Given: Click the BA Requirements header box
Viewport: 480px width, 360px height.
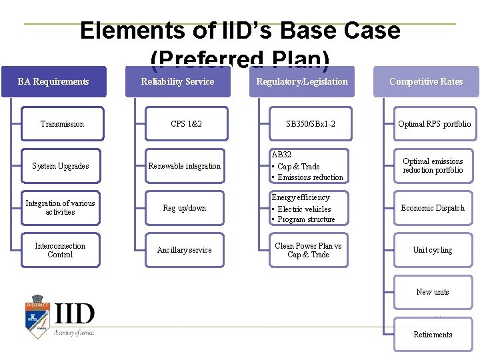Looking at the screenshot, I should point(53,82).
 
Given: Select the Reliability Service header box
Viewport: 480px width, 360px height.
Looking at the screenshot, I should point(177,82).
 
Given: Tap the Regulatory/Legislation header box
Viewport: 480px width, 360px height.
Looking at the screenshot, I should point(302,82).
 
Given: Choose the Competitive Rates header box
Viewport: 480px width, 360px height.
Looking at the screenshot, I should point(426,82).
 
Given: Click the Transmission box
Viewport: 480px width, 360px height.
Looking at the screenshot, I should point(62,124).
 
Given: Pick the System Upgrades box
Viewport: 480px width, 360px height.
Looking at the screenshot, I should point(61,166).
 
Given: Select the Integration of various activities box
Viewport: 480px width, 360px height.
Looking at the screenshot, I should point(60,207).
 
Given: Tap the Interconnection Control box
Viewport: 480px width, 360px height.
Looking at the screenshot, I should point(60,250).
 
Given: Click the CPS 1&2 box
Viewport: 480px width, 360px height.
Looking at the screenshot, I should point(186,124).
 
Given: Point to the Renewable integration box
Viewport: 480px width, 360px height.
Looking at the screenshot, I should point(185,166).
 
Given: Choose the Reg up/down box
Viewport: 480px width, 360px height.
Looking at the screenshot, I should point(185,208).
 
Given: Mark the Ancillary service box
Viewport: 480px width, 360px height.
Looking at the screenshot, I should point(185,250).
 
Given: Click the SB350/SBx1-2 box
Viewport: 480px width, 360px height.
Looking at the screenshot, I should point(310,124).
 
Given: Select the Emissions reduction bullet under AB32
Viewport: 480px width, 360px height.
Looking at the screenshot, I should point(310,177).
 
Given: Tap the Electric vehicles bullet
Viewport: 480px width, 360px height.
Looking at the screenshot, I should point(304,209).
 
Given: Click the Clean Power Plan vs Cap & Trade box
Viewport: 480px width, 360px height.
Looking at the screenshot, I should point(308,250).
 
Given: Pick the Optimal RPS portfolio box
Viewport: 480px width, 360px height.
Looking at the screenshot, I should point(434,124).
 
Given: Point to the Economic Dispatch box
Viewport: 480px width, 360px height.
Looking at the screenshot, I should point(433,208).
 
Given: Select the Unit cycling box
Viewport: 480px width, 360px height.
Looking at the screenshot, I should point(433,250).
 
